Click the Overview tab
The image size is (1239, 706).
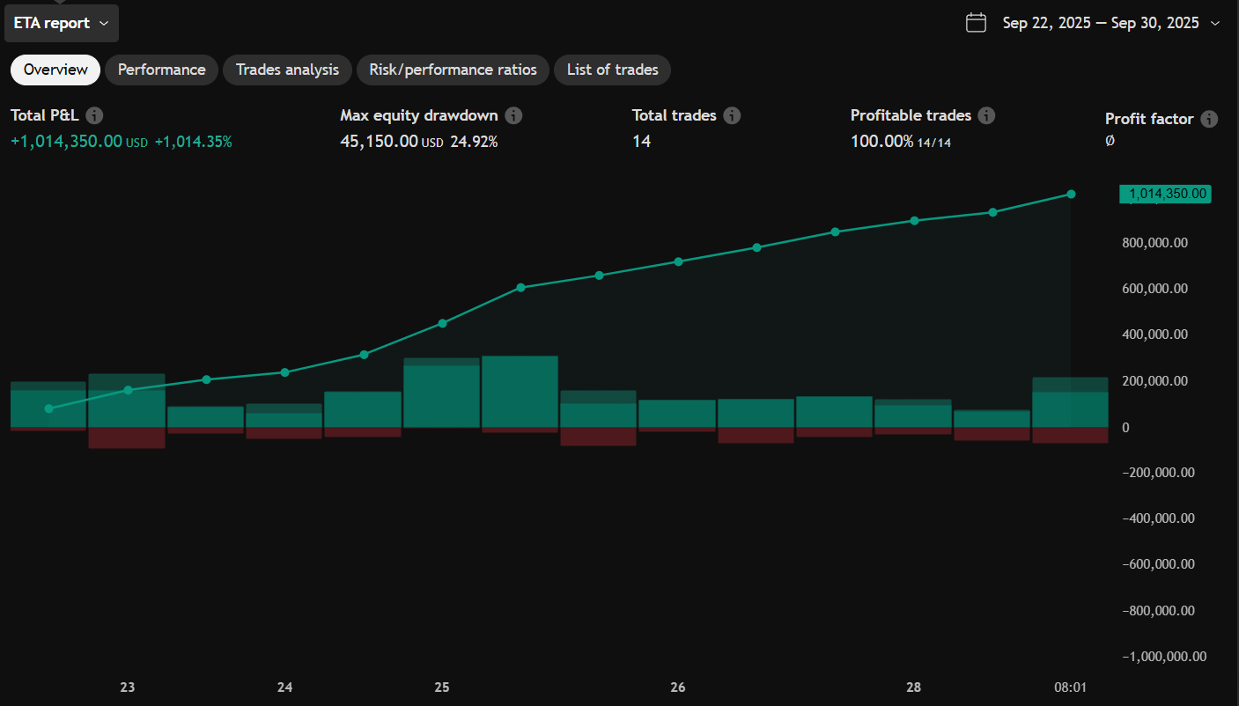click(x=55, y=70)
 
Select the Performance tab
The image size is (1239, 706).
click(x=161, y=70)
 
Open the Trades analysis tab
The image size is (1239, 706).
click(x=287, y=70)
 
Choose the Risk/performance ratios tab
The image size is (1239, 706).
click(x=453, y=70)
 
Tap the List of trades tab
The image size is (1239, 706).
click(x=612, y=70)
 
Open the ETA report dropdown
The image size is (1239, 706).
click(x=61, y=23)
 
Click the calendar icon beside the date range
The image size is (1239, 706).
click(x=976, y=23)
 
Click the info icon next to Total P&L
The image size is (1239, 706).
click(x=94, y=115)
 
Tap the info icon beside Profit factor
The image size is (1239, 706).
click(x=1209, y=119)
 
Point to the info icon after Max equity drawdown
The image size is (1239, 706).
click(x=513, y=115)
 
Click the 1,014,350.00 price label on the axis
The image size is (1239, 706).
click(x=1164, y=195)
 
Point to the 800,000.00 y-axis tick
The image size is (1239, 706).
click(x=1154, y=242)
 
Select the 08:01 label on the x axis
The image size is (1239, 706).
click(x=1070, y=688)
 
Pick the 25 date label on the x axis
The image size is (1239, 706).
click(x=442, y=688)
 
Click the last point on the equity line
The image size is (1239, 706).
click(x=1071, y=194)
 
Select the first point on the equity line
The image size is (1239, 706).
click(x=49, y=408)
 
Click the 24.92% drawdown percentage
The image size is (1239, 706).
click(x=474, y=141)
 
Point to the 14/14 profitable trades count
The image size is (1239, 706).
click(x=934, y=142)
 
